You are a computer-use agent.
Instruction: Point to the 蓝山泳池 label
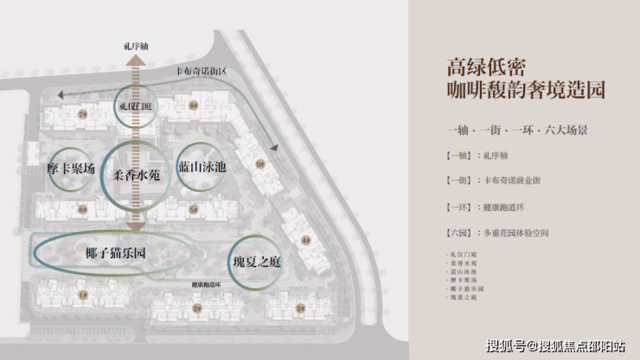click(201, 166)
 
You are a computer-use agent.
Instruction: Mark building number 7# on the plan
click(83, 113)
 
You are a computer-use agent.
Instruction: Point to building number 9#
click(259, 163)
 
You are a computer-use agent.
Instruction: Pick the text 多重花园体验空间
click(515, 233)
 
